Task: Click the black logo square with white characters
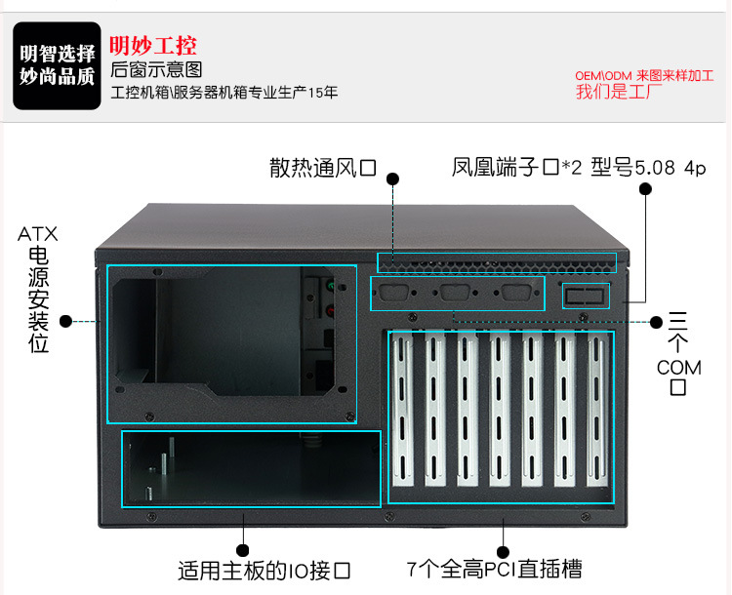(57, 65)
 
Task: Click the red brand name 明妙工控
(153, 46)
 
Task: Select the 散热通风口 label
(323, 168)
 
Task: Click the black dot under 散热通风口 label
(393, 178)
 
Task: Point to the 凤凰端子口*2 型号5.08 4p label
(579, 167)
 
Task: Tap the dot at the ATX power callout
(66, 321)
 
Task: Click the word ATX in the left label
(38, 234)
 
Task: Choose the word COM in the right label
(678, 368)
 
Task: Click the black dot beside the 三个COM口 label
(657, 322)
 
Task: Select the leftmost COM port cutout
(394, 293)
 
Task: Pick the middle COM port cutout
(455, 293)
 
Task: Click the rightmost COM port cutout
(516, 293)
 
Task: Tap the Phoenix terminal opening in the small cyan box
(586, 296)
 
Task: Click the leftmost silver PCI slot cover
(403, 410)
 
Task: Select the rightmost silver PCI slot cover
(598, 410)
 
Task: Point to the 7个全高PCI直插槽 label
(495, 570)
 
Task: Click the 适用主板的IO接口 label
(264, 571)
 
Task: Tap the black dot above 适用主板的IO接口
(243, 550)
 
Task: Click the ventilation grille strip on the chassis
(497, 262)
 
